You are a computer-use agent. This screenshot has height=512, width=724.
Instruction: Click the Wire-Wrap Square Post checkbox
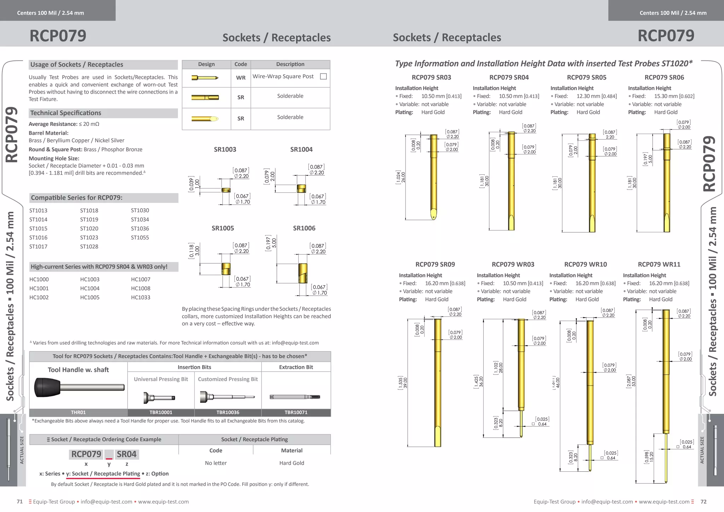[323, 76]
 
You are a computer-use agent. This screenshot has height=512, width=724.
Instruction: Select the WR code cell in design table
[241, 78]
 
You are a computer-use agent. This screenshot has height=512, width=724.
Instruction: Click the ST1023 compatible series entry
[89, 238]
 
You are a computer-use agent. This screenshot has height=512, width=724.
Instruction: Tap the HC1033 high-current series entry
[141, 297]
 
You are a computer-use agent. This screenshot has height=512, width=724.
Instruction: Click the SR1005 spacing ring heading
[223, 228]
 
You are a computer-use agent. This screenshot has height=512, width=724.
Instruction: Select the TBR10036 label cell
[228, 412]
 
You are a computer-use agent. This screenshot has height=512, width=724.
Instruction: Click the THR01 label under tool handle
[78, 412]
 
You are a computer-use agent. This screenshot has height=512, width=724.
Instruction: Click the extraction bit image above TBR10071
[295, 397]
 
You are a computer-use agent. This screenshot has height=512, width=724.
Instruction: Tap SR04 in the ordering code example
[127, 454]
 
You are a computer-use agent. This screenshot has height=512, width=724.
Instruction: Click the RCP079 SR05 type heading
[586, 77]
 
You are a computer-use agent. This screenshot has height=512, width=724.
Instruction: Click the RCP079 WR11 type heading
[659, 264]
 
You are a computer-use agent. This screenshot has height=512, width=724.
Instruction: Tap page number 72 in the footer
[703, 502]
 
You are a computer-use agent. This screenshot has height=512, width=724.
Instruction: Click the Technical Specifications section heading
[66, 113]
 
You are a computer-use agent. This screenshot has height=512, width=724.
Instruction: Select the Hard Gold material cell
[292, 463]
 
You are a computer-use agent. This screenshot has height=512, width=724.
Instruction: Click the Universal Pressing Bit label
[161, 379]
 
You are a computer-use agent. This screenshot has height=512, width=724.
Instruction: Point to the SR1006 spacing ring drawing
[303, 273]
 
